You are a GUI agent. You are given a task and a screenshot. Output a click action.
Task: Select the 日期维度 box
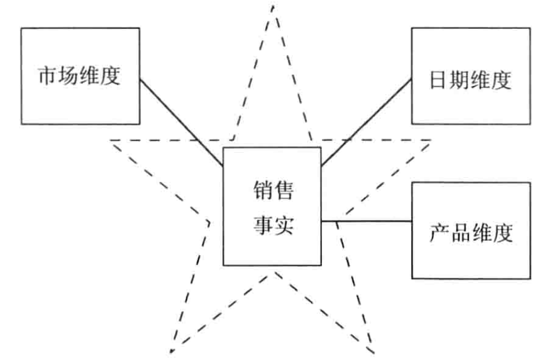pyautogui.click(x=471, y=75)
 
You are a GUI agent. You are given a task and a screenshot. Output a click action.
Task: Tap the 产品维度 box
pyautogui.click(x=471, y=230)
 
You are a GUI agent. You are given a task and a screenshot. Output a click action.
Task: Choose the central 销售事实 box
pyautogui.click(x=272, y=206)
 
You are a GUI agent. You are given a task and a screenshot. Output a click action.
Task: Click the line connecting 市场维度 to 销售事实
pyautogui.click(x=181, y=121)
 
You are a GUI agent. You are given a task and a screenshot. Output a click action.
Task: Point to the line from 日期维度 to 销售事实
pyautogui.click(x=366, y=122)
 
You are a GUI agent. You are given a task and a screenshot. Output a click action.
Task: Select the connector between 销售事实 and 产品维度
pyautogui.click(x=366, y=221)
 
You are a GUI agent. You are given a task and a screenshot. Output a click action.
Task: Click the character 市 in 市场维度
pyautogui.click(x=48, y=76)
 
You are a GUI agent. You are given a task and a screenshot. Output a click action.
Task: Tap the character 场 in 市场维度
pyautogui.click(x=69, y=76)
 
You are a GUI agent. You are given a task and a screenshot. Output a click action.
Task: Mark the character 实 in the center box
pyautogui.click(x=284, y=223)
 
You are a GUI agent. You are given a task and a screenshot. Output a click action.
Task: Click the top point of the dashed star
pyautogui.click(x=273, y=7)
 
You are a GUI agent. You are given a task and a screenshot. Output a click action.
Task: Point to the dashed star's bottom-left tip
pyautogui.click(x=170, y=351)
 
